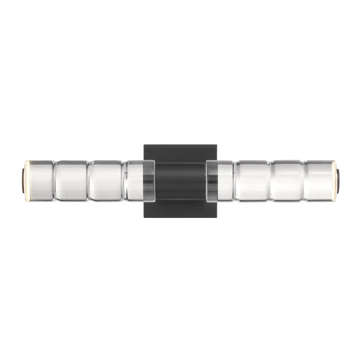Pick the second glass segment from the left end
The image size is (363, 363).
tap(71, 180)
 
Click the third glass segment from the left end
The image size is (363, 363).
tap(106, 180)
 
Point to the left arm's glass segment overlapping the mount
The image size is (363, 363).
tap(140, 180)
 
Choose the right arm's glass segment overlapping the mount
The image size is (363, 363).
tap(220, 180)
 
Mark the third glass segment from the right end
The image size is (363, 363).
tap(253, 180)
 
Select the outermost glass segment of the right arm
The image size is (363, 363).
tap(319, 180)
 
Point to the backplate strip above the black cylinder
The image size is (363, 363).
tap(180, 153)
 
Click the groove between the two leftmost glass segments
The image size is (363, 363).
tap(54, 180)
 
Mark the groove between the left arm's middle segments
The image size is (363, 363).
tap(88, 180)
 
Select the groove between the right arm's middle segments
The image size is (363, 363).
tap(271, 180)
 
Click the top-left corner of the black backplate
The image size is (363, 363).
tap(145, 146)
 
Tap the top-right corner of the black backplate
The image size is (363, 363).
tap(217, 146)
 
